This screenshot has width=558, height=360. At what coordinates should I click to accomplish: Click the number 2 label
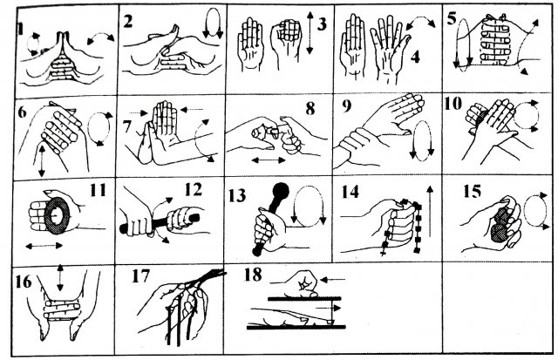(128, 22)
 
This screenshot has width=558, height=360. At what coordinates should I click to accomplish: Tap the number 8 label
(310, 109)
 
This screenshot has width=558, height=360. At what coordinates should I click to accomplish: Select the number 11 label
(99, 190)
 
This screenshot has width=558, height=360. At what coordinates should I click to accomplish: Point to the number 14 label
(350, 192)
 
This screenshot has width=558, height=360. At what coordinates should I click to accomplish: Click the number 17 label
(141, 276)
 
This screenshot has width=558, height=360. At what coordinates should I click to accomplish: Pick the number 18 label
(253, 275)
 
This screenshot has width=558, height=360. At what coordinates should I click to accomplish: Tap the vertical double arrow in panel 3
(310, 33)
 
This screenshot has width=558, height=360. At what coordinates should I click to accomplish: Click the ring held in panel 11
(57, 214)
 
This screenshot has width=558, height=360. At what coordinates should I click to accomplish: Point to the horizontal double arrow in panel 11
(44, 246)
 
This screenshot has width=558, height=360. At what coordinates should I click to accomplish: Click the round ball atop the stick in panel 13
(281, 191)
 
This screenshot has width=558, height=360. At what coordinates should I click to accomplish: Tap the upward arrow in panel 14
(430, 211)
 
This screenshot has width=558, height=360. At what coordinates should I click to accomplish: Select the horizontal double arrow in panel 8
(269, 160)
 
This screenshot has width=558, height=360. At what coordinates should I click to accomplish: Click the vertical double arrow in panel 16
(60, 277)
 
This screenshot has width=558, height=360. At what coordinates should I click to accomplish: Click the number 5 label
(452, 18)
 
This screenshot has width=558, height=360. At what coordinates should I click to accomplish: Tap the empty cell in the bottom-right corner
(498, 308)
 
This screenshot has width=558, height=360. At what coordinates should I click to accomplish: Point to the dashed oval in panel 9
(422, 141)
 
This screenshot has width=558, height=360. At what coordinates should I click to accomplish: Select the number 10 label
(453, 104)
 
